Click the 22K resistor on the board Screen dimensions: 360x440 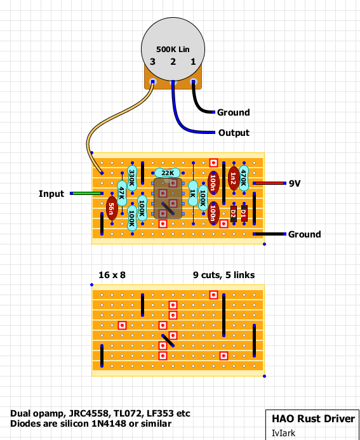pyautogui.click(x=168, y=173)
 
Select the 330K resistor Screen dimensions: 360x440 pyautogui.click(x=132, y=178)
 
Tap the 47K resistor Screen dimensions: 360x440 pyautogui.click(x=122, y=194)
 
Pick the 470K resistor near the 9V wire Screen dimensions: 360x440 pyautogui.click(x=244, y=178)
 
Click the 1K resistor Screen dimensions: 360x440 pyautogui.click(x=193, y=194)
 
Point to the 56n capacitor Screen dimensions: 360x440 pyautogui.click(x=112, y=208)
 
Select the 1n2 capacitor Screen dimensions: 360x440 pyautogui.click(x=234, y=178)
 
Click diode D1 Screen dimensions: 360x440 pyautogui.click(x=244, y=213)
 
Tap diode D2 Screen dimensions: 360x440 pyautogui.click(x=234, y=213)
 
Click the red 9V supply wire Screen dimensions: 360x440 pyautogui.click(x=269, y=183)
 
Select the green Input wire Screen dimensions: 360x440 pyautogui.click(x=87, y=194)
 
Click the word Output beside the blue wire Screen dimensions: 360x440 pyautogui.click(x=234, y=133)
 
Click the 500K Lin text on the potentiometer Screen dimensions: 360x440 pyautogui.click(x=173, y=50)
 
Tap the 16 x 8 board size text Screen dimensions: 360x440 pyautogui.click(x=112, y=275)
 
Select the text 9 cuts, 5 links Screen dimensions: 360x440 pyautogui.click(x=224, y=276)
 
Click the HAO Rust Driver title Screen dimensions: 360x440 pyautogui.click(x=314, y=418)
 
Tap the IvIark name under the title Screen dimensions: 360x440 pyautogui.click(x=283, y=433)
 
